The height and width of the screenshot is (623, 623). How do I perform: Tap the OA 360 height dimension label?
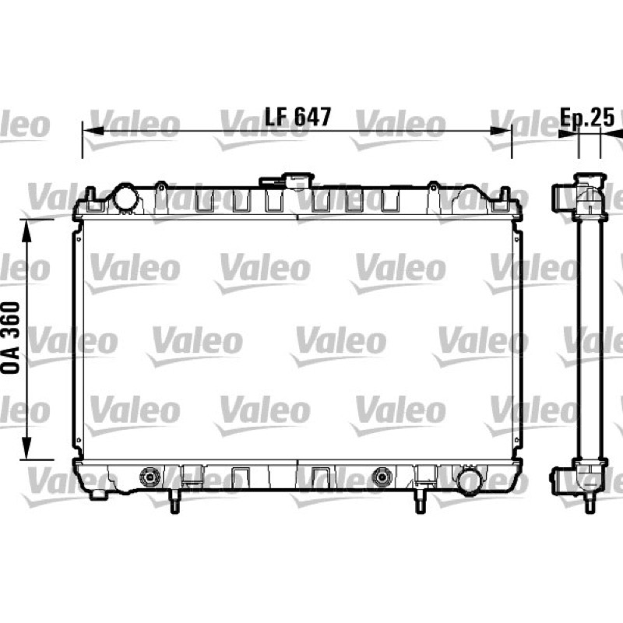click(11, 337)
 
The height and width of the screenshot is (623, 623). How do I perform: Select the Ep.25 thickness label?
click(587, 117)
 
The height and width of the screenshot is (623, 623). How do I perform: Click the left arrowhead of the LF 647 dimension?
click(93, 131)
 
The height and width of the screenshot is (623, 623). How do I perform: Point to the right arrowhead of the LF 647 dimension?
click(501, 131)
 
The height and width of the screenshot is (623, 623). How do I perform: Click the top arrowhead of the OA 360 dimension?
click(26, 231)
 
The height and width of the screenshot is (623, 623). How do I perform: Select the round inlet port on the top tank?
click(125, 197)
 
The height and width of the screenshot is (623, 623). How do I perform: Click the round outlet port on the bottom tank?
click(470, 481)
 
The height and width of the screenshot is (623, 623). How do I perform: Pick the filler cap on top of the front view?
click(287, 181)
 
